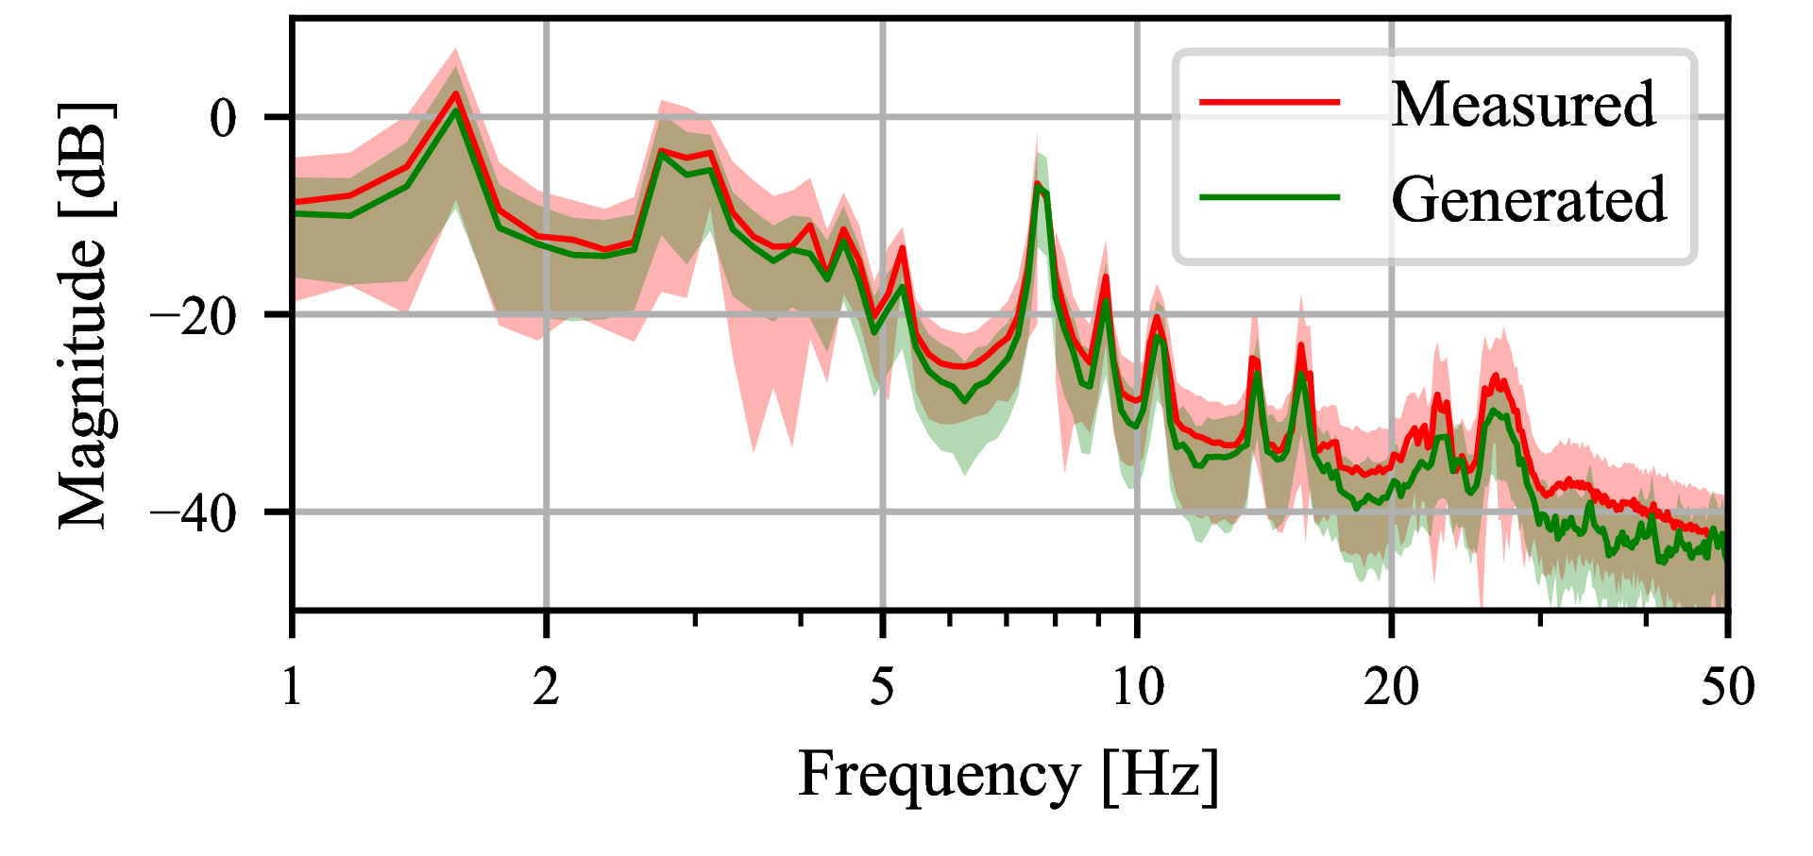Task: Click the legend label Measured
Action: tap(1522, 104)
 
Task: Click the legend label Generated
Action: tap(1529, 200)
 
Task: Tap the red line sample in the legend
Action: tap(1269, 102)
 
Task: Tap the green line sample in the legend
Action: tap(1269, 198)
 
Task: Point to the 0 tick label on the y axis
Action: tap(224, 119)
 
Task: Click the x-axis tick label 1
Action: tap(292, 687)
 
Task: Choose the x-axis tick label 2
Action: tap(546, 687)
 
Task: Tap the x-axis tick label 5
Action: tap(882, 687)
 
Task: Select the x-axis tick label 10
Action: tap(1137, 687)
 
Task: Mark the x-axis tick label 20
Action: tap(1391, 687)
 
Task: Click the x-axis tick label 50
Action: tap(1727, 687)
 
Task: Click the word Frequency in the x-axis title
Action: tap(939, 776)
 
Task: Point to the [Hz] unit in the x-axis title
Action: tap(1161, 776)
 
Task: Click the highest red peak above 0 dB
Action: tap(455, 93)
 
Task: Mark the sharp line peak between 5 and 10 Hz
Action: tap(1037, 183)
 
